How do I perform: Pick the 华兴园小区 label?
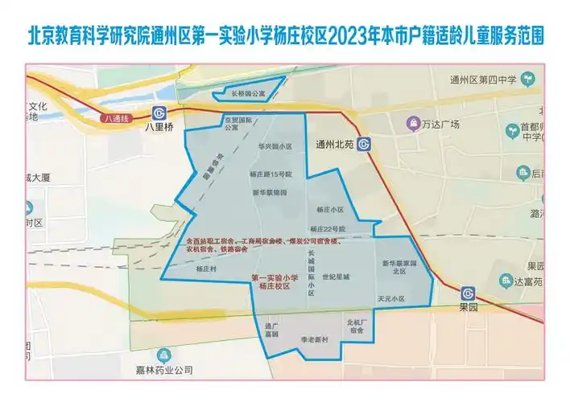coord(274,147)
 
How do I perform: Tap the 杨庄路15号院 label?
coord(268,174)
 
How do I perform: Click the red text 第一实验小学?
coord(274,277)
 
